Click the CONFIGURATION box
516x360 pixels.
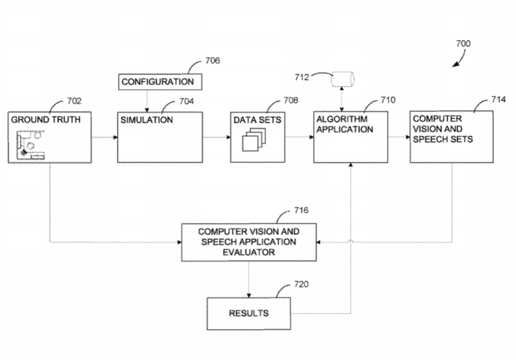158,82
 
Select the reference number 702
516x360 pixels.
74,101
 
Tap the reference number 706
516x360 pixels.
212,60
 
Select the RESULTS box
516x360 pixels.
249,314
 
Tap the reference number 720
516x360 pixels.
301,284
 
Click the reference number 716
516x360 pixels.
301,210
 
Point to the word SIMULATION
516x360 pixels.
146,120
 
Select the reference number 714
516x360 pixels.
498,99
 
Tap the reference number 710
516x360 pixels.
388,100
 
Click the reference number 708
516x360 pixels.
290,100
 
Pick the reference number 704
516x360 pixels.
186,102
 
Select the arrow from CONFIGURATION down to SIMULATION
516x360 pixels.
147,101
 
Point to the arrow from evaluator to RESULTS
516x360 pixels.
249,280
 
